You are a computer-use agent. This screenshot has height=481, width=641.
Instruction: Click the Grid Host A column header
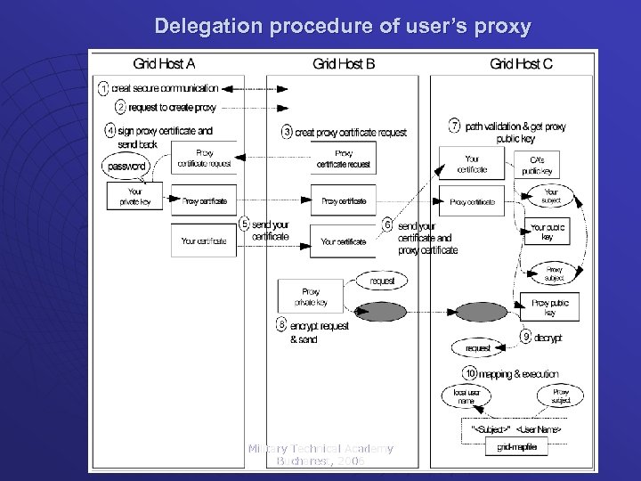pos(164,63)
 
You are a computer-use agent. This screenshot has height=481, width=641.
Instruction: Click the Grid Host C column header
pos(521,63)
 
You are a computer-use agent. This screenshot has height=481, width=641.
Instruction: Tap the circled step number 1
pos(103,88)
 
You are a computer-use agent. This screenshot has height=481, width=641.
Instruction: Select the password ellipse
pos(128,167)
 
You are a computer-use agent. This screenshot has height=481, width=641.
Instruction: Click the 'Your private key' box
pos(134,197)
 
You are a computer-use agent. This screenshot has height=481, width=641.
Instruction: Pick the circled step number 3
pos(287,132)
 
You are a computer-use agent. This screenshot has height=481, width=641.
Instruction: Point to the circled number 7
pos(455,125)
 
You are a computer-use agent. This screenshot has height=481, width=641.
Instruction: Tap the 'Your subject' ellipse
pos(551,197)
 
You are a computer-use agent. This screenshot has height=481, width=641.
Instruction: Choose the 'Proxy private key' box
pos(310,296)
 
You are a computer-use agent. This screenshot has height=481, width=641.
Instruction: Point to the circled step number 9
pos(526,338)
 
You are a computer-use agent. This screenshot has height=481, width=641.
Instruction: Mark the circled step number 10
pos(469,373)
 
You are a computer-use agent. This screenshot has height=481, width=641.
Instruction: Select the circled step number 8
pos(281,325)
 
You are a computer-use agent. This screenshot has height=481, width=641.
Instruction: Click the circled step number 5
pos(243,224)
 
